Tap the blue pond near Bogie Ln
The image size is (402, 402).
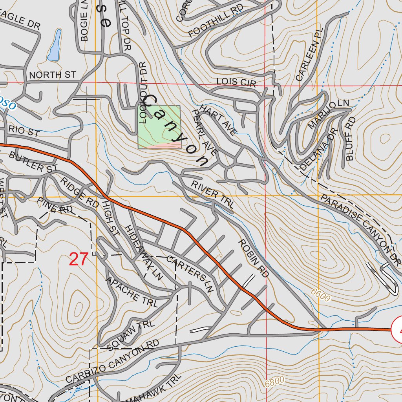[55, 46]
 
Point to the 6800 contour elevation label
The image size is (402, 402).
[274, 382]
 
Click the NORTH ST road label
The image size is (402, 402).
[52, 75]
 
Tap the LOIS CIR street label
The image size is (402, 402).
[236, 82]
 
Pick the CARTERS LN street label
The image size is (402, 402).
[190, 274]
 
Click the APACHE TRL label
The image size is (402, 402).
[131, 292]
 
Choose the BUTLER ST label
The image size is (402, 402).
[33, 162]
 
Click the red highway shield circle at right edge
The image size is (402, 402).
[397, 330]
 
